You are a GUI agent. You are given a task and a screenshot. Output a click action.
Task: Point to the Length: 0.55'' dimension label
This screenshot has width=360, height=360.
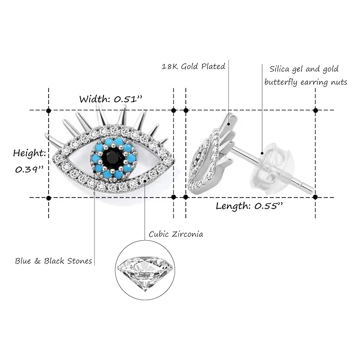click(x=249, y=207)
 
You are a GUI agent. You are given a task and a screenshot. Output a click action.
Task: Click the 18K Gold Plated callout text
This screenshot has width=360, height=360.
click(x=193, y=66)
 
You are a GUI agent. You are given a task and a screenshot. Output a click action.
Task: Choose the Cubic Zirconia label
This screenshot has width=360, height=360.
click(x=175, y=234)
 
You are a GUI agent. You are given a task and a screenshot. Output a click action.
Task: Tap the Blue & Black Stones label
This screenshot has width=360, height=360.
click(x=54, y=261)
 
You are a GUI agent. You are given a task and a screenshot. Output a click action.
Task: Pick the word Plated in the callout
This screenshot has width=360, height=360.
click(x=213, y=66)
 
